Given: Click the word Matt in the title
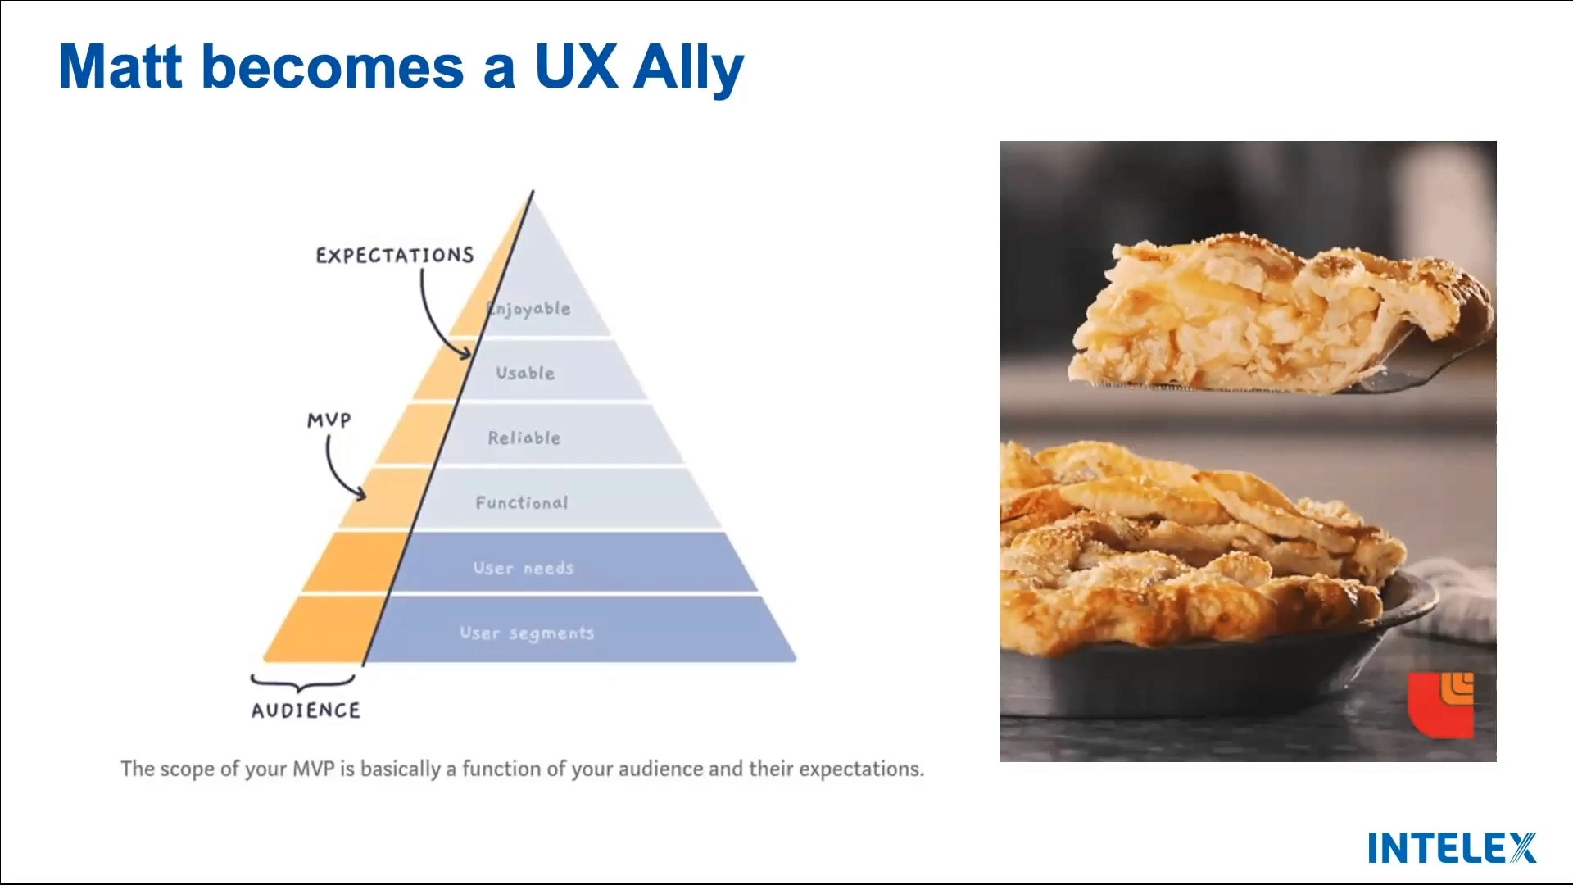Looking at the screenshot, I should (120, 67).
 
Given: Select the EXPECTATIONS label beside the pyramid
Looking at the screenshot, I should (395, 256).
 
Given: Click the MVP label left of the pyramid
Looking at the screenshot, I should (329, 420).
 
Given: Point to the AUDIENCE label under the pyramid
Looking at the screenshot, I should (306, 710).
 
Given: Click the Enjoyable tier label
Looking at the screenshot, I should (529, 309).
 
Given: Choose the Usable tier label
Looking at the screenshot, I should (525, 373).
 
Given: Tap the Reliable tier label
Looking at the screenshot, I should (524, 438).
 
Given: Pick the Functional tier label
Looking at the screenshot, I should (522, 502).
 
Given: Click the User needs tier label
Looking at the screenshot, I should (524, 568).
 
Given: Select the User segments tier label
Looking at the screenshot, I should (527, 633).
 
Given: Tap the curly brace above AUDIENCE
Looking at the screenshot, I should (303, 683).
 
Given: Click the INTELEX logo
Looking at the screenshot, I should (1452, 847).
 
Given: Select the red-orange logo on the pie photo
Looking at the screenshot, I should (1441, 704).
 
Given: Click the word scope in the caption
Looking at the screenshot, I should (188, 769).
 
